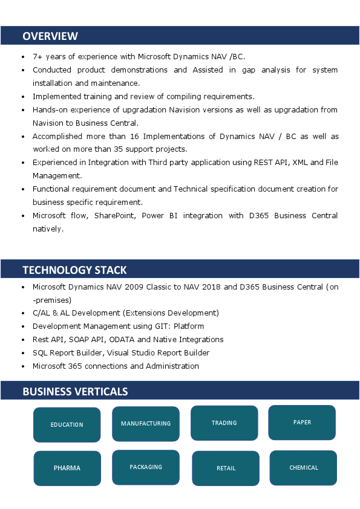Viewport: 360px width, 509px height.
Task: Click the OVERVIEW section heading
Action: click(x=50, y=36)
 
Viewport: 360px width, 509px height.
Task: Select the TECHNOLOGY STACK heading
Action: click(x=74, y=270)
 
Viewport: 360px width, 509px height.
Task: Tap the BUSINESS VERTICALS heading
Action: click(x=75, y=391)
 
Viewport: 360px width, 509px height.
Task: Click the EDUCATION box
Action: click(x=67, y=425)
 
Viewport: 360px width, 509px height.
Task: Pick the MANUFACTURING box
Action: click(x=146, y=424)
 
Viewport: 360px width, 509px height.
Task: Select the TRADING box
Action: click(x=224, y=423)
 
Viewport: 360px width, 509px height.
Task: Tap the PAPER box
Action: click(x=302, y=423)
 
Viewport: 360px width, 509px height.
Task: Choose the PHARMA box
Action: click(x=67, y=468)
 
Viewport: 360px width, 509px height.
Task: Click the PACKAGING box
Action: click(x=146, y=467)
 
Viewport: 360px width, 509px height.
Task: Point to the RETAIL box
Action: click(x=226, y=468)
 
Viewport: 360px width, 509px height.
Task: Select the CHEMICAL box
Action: click(x=303, y=467)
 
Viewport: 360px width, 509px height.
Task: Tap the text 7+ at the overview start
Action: click(x=37, y=56)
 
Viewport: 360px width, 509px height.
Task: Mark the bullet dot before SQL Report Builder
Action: click(x=23, y=353)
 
